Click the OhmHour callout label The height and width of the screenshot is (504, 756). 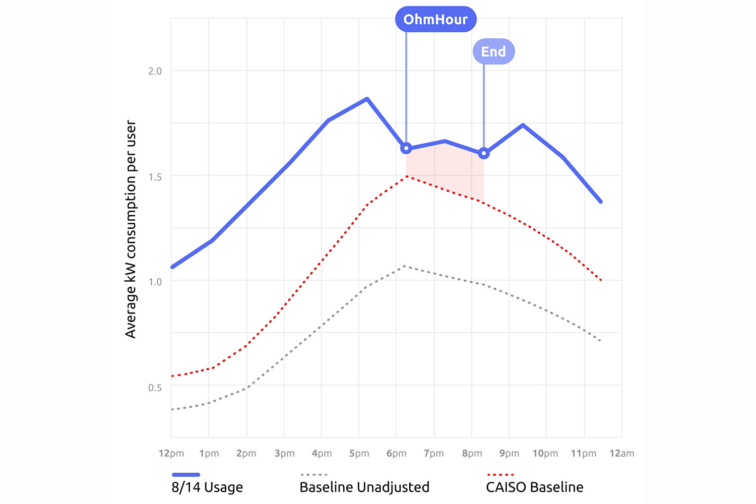(x=435, y=20)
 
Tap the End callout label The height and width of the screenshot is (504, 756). (x=493, y=51)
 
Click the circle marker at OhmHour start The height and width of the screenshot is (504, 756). (x=406, y=148)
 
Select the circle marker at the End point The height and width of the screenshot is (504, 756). (x=484, y=153)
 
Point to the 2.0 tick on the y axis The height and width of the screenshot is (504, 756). (x=155, y=71)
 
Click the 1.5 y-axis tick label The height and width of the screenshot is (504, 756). (x=155, y=177)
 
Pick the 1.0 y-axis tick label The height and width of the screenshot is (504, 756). (x=155, y=282)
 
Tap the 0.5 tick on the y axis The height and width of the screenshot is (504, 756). (x=155, y=388)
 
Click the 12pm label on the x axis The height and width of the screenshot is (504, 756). (x=171, y=454)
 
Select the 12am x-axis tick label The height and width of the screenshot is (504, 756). (x=621, y=454)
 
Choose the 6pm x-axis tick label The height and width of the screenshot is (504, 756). (x=396, y=454)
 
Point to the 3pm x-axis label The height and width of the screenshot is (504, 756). (x=284, y=454)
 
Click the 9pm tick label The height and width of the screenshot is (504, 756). (x=509, y=454)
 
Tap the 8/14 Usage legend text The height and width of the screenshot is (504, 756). (x=207, y=487)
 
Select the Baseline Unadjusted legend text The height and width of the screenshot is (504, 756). (x=364, y=487)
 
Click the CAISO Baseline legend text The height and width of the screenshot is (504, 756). (x=535, y=487)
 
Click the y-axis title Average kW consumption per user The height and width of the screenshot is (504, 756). (x=131, y=229)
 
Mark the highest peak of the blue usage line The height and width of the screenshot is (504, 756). (x=367, y=99)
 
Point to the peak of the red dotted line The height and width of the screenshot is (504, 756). (x=406, y=176)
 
